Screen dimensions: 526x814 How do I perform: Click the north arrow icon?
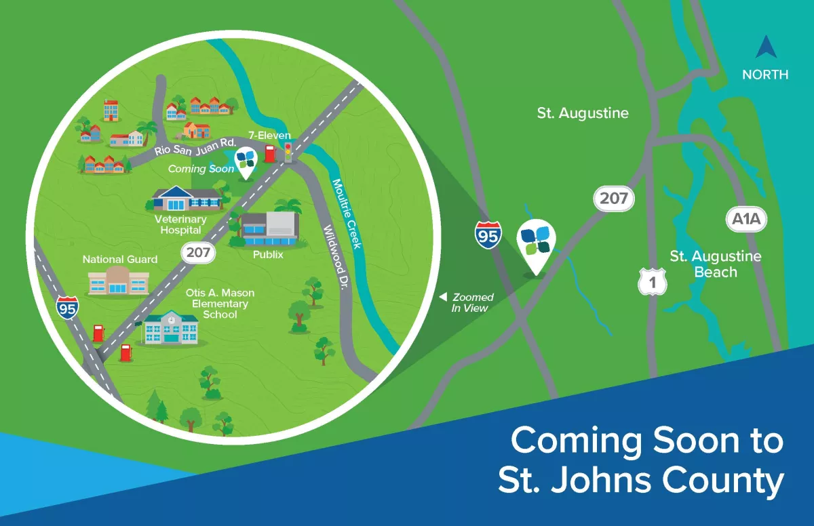tap(765, 48)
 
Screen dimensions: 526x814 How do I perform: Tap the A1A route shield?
tap(745, 219)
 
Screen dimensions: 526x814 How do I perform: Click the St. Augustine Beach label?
tap(715, 264)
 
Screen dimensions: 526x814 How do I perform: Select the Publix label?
tap(267, 255)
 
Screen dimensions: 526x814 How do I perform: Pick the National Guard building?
tap(118, 280)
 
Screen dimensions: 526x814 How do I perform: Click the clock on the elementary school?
tap(172, 319)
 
